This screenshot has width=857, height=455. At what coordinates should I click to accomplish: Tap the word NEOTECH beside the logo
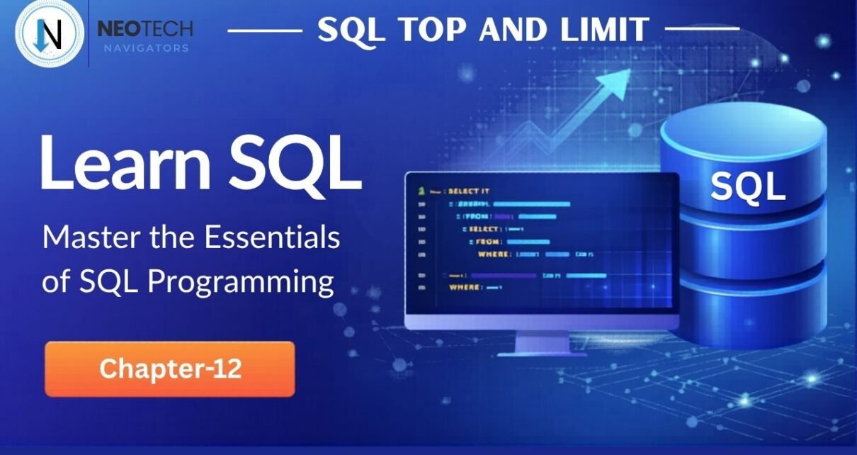pyautogui.click(x=144, y=30)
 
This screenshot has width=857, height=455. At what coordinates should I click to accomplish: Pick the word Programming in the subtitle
pyautogui.click(x=242, y=281)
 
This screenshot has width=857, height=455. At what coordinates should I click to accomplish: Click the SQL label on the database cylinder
pyautogui.click(x=747, y=187)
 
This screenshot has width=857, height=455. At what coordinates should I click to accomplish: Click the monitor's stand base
pyautogui.click(x=541, y=352)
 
